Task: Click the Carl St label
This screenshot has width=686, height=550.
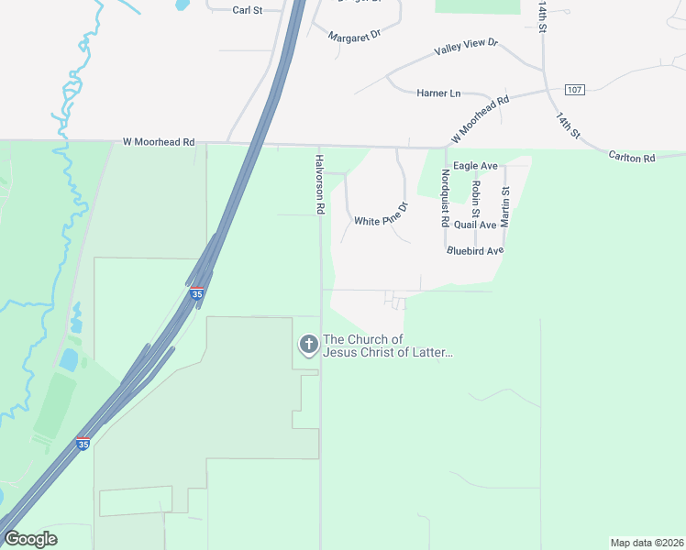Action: (x=248, y=10)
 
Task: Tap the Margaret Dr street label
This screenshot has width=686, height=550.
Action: (x=353, y=33)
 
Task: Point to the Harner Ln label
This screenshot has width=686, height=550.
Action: (x=438, y=93)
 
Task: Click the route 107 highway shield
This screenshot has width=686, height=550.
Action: (x=574, y=89)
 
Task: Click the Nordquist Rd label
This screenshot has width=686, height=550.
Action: (x=445, y=198)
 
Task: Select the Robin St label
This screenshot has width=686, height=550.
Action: (x=475, y=199)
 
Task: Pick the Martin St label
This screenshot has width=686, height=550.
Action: (x=505, y=207)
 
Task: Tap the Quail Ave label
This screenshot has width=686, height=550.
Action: (x=475, y=225)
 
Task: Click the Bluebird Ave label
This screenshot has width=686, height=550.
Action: (x=475, y=250)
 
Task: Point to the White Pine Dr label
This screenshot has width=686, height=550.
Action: (x=381, y=221)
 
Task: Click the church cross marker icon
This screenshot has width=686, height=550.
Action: (x=309, y=345)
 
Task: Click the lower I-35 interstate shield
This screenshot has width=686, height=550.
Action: (x=83, y=444)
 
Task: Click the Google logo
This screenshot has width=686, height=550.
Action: (x=30, y=539)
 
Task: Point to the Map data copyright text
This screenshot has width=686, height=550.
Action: (x=646, y=543)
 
